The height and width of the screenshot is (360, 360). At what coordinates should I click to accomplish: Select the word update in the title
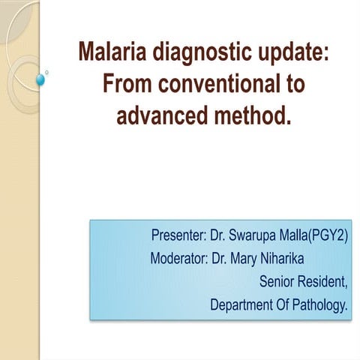click(x=289, y=53)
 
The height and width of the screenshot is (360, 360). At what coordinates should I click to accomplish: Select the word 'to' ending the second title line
click(x=295, y=85)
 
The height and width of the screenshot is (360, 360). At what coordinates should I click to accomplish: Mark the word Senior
click(x=278, y=283)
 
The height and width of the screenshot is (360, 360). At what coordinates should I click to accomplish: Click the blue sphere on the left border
click(x=41, y=78)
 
